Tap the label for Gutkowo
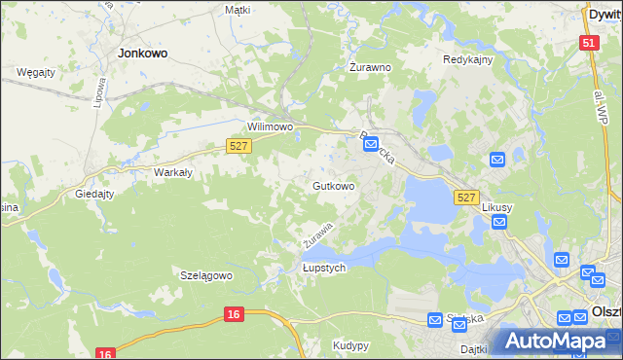[333, 185]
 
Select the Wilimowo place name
[270, 127]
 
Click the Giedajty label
[96, 194]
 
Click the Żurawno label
[370, 68]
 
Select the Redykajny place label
[468, 59]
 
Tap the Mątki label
[238, 10]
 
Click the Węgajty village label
[35, 72]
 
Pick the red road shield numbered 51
[588, 43]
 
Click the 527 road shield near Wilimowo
[238, 145]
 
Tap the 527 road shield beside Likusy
[466, 198]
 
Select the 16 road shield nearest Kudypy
[233, 314]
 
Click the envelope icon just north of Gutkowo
[371, 145]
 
